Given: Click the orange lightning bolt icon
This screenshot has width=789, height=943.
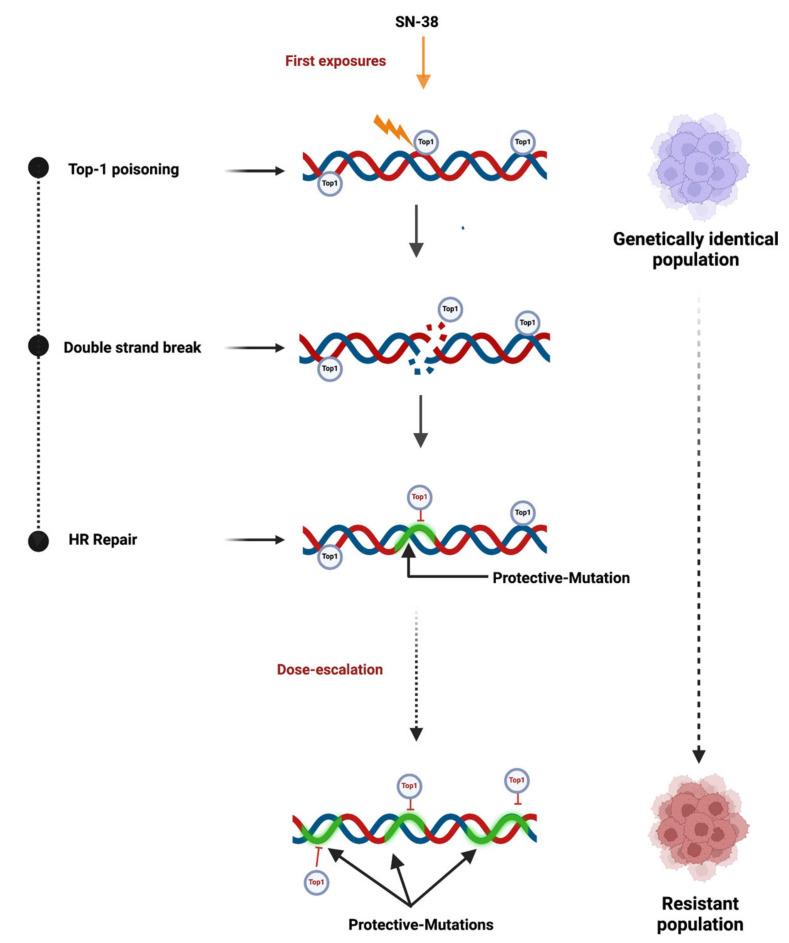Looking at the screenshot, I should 390,129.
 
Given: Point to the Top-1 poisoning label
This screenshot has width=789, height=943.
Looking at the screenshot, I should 123,169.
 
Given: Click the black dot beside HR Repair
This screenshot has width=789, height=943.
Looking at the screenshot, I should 38,540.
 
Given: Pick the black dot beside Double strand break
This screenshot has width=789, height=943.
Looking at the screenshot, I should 38,346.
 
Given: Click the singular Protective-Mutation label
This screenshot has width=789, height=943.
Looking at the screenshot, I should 560,577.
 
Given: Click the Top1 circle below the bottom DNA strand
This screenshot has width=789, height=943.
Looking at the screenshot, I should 316,881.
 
